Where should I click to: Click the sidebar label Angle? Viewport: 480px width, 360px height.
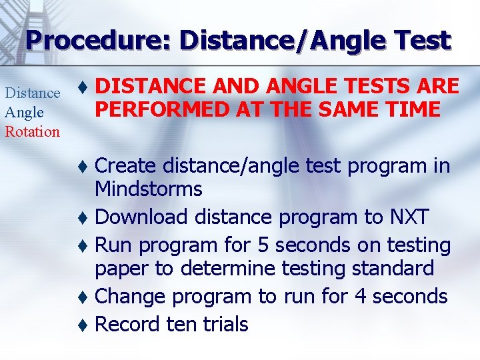pos(24,112)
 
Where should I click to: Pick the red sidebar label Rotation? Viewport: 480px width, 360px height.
pos(32,131)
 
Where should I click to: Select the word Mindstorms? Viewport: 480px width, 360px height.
pos(148,189)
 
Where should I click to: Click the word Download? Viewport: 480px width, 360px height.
pos(141,217)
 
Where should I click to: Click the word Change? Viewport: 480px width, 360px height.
pos(133,296)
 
